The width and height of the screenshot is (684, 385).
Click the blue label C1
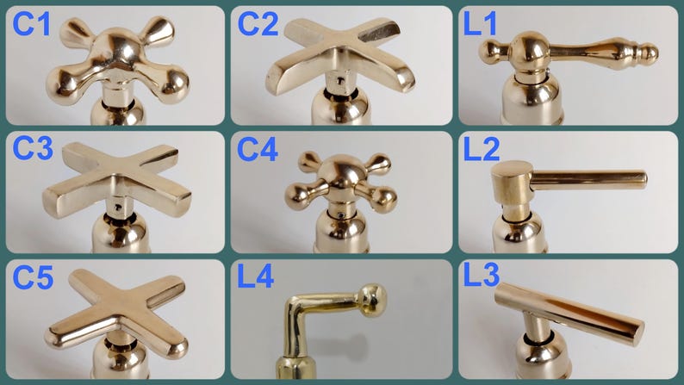(x=31, y=24)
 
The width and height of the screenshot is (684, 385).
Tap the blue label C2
(x=258, y=24)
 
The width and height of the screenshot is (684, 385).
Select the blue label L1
(x=480, y=24)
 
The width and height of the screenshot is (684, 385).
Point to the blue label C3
(x=33, y=148)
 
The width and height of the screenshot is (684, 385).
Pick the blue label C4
(x=258, y=150)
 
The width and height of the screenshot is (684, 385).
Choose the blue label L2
(x=482, y=150)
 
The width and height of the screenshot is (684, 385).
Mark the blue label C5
(x=33, y=277)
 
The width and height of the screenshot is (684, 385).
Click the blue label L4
(x=256, y=276)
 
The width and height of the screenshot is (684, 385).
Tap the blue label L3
(x=482, y=275)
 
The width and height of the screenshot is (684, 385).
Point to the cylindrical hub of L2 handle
(x=511, y=183)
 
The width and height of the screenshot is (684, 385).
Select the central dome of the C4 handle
(x=341, y=172)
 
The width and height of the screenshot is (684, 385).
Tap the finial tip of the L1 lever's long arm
(x=650, y=53)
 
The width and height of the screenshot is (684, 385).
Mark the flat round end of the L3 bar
(x=637, y=333)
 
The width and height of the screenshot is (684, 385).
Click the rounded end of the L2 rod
(x=643, y=180)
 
